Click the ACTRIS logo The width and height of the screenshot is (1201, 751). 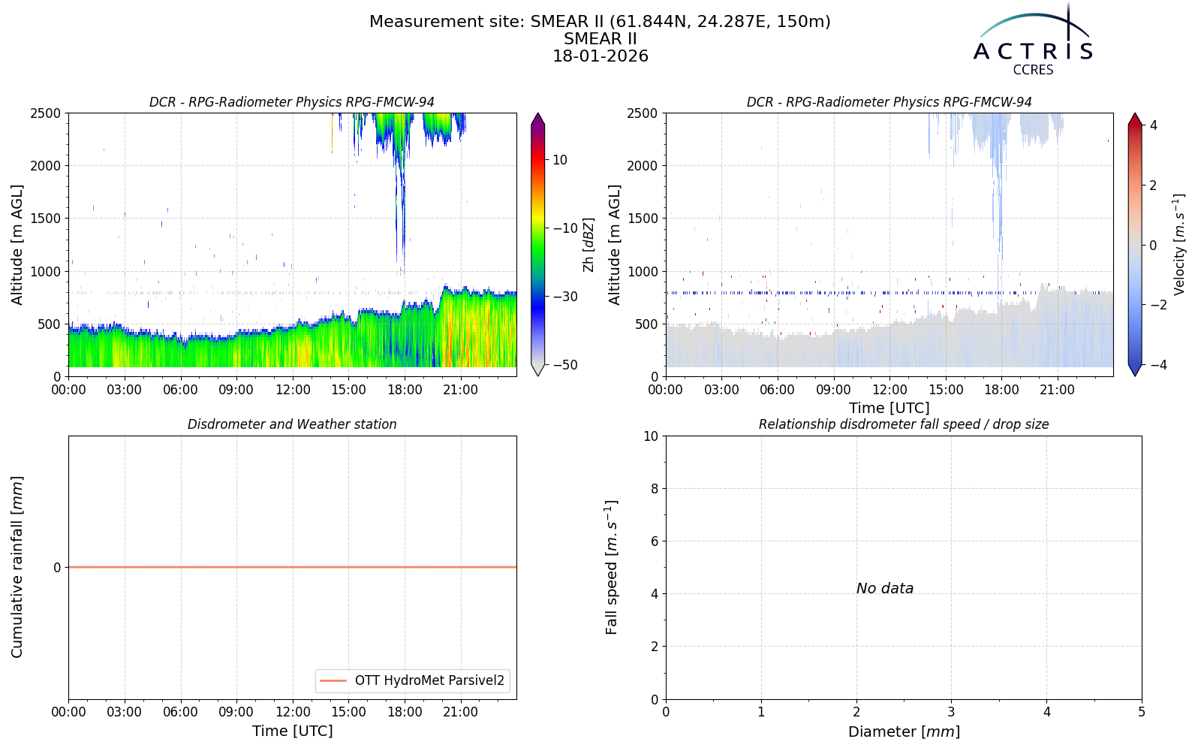click(x=1033, y=40)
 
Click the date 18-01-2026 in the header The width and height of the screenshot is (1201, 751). click(x=600, y=56)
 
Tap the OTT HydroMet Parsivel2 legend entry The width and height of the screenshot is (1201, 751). click(x=412, y=680)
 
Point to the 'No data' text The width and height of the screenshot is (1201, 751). click(x=885, y=589)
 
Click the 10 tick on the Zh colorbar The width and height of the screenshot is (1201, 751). click(x=560, y=160)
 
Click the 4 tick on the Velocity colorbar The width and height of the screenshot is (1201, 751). click(x=1153, y=125)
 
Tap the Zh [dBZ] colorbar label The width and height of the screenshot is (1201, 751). click(x=588, y=245)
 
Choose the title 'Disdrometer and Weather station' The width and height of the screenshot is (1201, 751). click(x=292, y=424)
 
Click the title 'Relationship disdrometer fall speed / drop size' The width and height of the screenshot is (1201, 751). click(x=904, y=424)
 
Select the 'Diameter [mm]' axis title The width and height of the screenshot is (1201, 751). click(x=904, y=731)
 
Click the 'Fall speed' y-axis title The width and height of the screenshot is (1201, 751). click(x=611, y=568)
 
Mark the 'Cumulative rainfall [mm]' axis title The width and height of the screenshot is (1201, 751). click(x=17, y=567)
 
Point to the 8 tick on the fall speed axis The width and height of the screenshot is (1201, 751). click(x=654, y=489)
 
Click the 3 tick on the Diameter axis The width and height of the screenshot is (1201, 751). click(x=951, y=713)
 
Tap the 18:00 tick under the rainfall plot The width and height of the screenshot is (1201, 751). click(x=405, y=713)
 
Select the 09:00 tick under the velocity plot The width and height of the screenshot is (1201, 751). click(x=833, y=390)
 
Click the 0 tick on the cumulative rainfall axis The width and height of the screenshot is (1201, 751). click(x=57, y=568)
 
